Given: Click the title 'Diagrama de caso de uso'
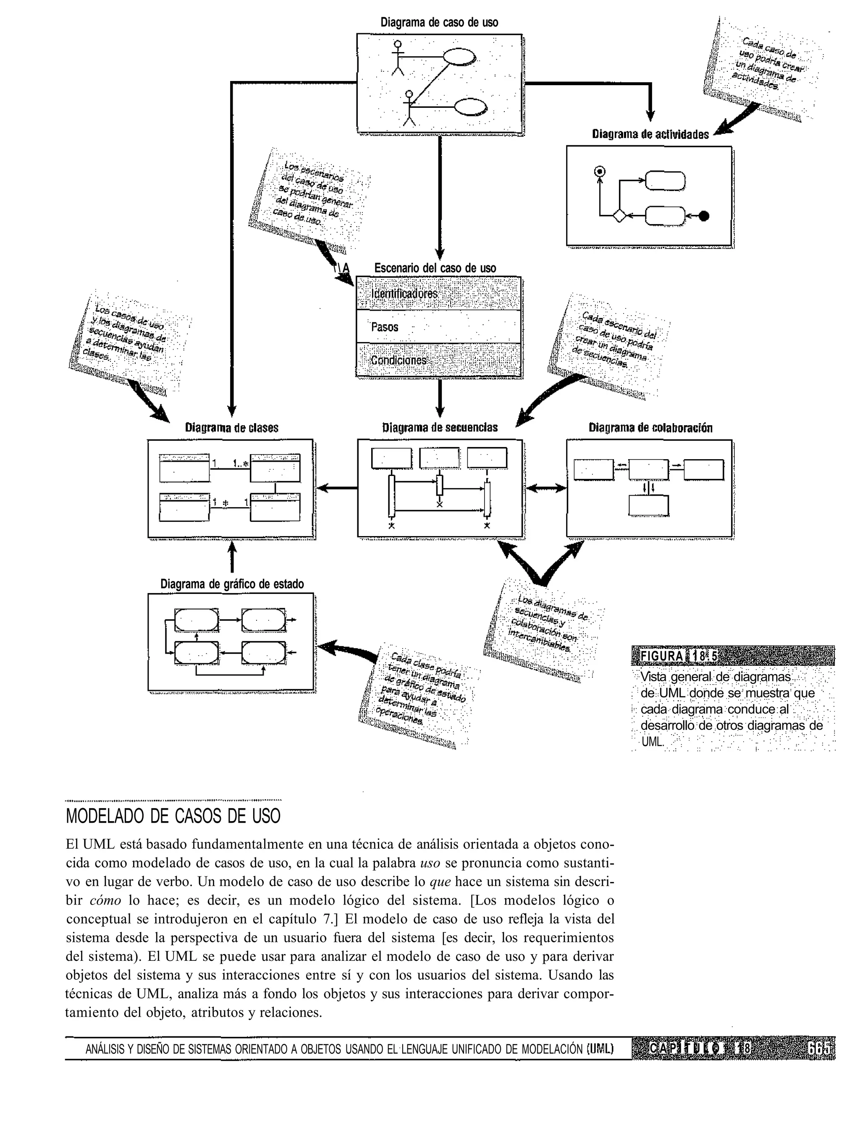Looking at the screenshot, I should point(439,23).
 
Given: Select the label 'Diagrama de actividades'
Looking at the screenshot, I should point(650,135).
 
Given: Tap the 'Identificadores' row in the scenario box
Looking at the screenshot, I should point(404,294).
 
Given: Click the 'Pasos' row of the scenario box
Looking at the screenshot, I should point(385,327).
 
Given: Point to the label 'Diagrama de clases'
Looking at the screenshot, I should point(231,428).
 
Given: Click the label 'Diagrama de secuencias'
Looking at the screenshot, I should point(440,428).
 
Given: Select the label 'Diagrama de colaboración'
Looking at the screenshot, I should point(650,428).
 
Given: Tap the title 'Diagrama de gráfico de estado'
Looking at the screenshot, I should point(232,584).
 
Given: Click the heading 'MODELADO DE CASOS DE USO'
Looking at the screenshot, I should point(173,816).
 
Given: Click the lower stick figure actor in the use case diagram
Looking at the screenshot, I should point(409,108).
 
